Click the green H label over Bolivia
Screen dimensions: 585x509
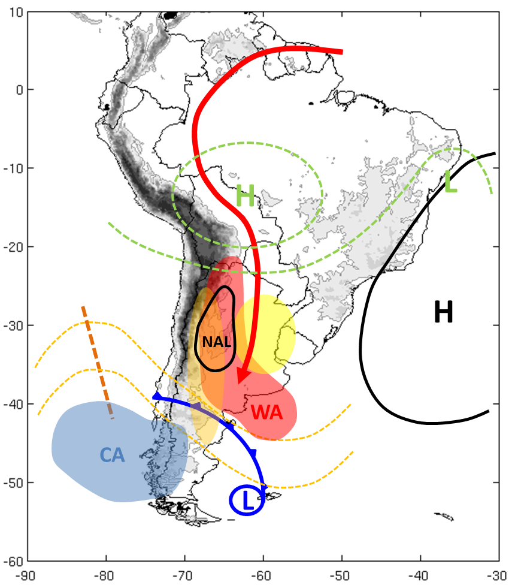(245, 196)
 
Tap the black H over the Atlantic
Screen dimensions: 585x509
(443, 312)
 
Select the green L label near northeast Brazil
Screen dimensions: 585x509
(451, 182)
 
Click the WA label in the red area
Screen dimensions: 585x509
(266, 412)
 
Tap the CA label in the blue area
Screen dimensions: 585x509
(112, 456)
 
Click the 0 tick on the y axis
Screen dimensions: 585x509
(18, 90)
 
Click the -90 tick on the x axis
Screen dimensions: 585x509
(28, 574)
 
